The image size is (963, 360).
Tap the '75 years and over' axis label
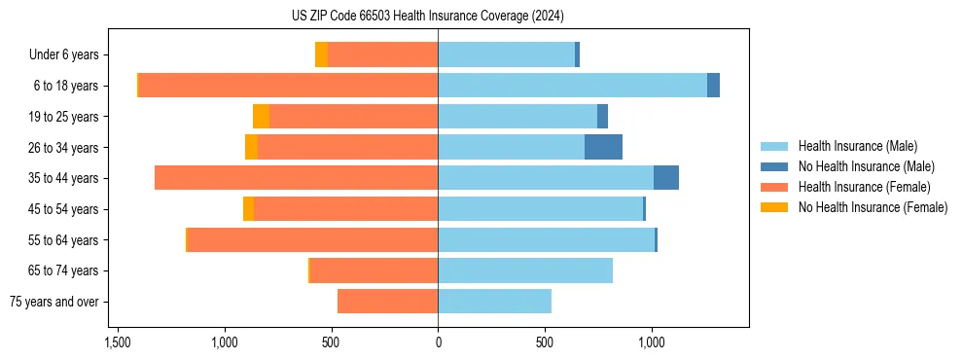click(x=54, y=302)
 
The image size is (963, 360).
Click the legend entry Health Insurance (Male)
click(x=857, y=146)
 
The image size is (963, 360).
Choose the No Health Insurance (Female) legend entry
click(x=873, y=207)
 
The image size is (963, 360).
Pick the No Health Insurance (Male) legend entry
click(x=866, y=166)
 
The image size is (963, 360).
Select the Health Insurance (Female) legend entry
click(x=864, y=187)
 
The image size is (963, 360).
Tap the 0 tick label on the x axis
click(x=438, y=342)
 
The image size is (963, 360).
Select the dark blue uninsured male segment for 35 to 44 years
click(x=665, y=178)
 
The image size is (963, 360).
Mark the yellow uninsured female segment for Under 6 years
click(x=321, y=54)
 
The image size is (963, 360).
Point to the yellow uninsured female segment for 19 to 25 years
click(x=261, y=117)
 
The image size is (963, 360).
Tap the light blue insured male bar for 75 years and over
click(x=494, y=302)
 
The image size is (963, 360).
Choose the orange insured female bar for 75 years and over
click(x=387, y=302)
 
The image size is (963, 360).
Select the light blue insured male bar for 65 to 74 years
click(x=525, y=270)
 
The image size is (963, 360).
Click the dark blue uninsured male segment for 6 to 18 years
click(x=713, y=86)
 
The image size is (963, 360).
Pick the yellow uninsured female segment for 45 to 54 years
click(x=248, y=209)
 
